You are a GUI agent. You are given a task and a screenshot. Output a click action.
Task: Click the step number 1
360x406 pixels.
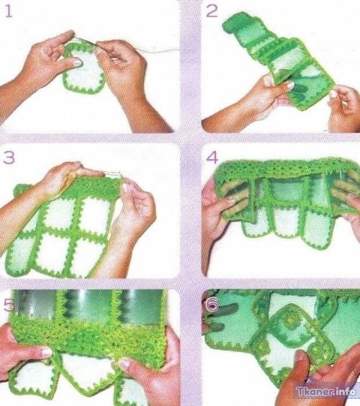coord(9,12)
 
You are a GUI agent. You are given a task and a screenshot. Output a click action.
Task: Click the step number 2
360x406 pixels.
coord(212,12)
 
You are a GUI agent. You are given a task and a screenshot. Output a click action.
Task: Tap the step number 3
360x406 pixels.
coord(9,157)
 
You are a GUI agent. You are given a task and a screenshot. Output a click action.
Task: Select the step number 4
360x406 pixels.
coord(212,158)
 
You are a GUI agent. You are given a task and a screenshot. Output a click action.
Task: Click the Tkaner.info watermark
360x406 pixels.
coord(326,391)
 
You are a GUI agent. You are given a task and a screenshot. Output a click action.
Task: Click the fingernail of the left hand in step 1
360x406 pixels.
coord(77,62)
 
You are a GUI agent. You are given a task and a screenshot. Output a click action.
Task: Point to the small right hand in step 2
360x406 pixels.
coord(344,109)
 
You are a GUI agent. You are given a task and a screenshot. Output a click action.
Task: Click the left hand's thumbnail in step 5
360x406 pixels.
coord(47,352)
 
